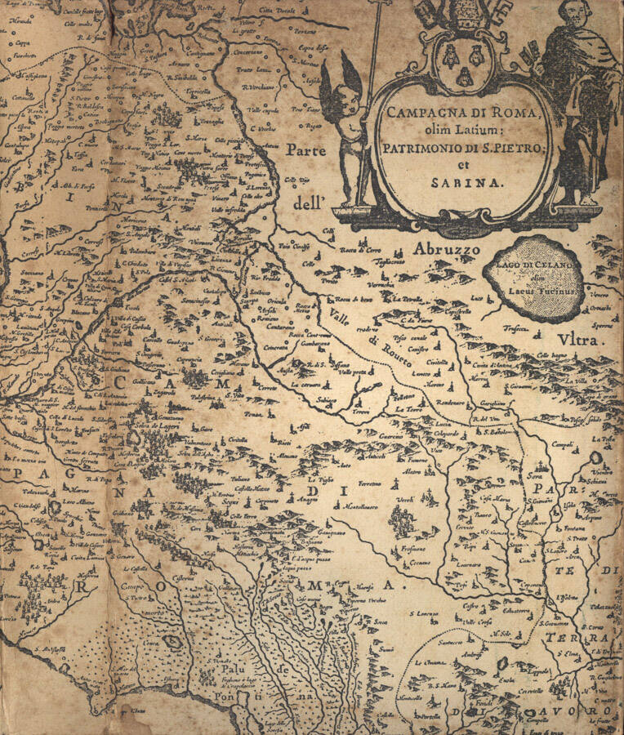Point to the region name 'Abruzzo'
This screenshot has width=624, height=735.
pos(443,248)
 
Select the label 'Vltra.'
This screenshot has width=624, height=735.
pos(579,343)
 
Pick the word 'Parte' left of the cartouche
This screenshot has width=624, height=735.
pos(307,150)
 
